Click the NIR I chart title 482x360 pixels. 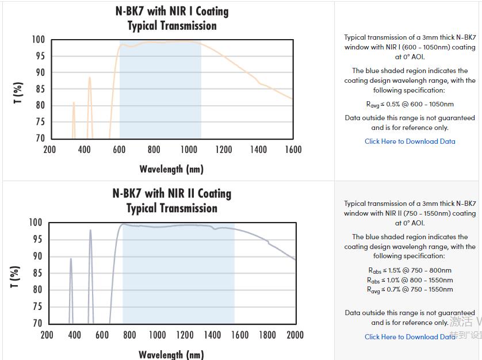tap(171, 18)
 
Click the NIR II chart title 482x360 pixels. tap(171, 201)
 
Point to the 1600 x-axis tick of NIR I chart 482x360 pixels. tap(293, 150)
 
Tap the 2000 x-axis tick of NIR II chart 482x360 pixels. tap(294, 335)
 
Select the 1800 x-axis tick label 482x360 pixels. tap(267, 335)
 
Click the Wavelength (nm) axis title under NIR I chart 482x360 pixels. tap(171, 169)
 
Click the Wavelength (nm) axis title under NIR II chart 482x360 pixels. tap(171, 354)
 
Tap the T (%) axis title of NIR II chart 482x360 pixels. tap(16, 277)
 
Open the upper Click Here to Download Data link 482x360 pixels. tap(410, 141)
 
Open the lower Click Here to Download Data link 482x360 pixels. tap(410, 337)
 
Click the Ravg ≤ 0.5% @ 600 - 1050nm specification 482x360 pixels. tap(410, 104)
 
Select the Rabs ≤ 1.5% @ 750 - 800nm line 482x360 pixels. tap(410, 270)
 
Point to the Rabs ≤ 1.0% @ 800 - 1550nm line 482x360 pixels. tap(410, 280)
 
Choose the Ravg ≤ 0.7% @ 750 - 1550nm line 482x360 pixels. tap(410, 289)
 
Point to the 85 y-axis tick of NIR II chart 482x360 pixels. tap(37, 273)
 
